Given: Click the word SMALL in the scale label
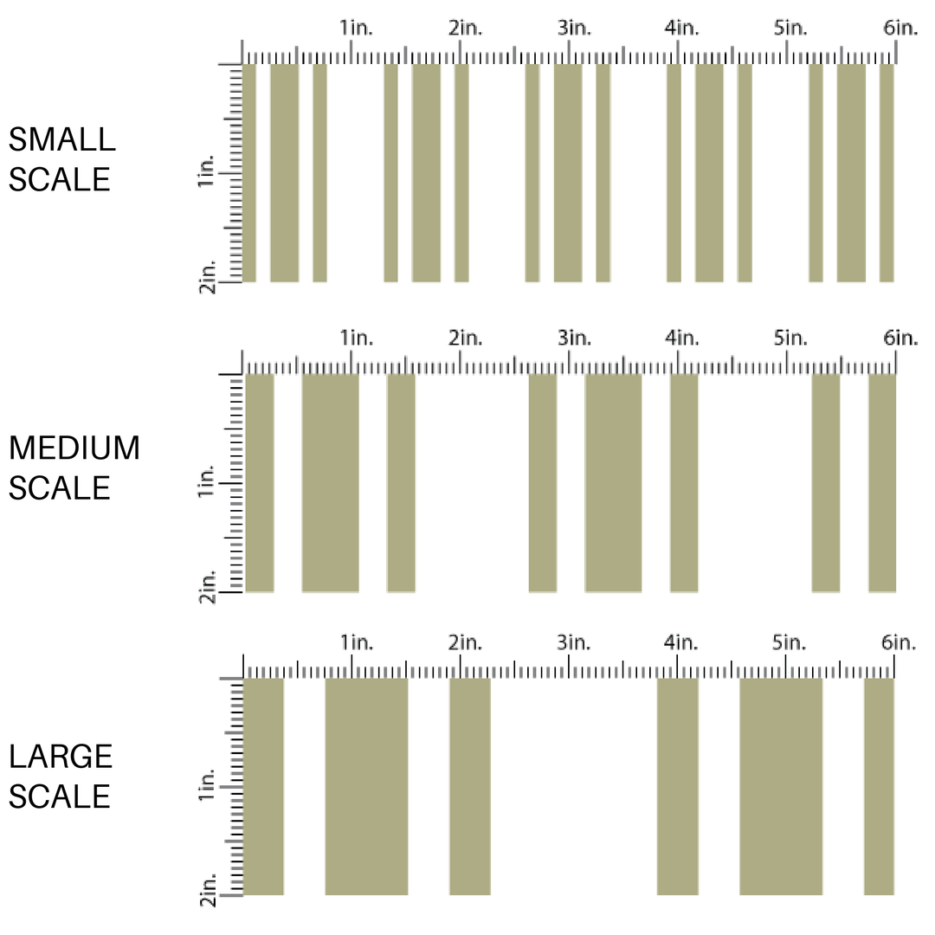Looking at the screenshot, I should (61, 139).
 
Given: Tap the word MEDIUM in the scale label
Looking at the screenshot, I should (74, 448).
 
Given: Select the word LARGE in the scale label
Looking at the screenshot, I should (61, 757).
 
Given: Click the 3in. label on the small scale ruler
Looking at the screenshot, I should (573, 28).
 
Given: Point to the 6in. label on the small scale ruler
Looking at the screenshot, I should (900, 28).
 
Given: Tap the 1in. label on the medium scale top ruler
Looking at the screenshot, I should (356, 338).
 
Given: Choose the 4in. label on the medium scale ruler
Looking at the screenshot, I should (682, 338).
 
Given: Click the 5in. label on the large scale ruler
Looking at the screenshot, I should (790, 642).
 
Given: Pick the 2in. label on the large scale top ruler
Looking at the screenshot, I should (465, 642).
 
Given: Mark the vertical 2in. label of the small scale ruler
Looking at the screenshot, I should (207, 275).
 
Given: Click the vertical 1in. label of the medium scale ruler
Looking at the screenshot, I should (207, 481).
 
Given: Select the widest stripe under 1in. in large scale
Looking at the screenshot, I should (366, 786).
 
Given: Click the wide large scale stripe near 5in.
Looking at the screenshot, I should (780, 786).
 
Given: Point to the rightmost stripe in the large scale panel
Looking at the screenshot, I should (879, 786).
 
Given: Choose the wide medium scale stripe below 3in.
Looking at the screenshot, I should (613, 483).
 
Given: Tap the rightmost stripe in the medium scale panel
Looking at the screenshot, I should (882, 483).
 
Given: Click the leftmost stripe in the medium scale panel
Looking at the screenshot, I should (260, 483).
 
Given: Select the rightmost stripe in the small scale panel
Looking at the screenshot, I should (887, 173).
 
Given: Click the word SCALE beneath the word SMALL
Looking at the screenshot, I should (60, 180).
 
